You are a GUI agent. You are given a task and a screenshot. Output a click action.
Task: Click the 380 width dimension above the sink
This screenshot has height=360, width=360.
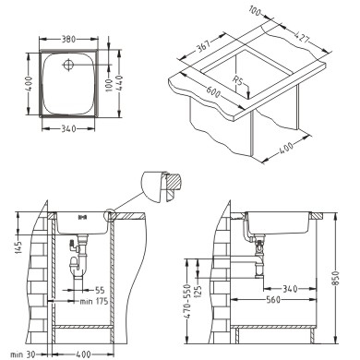click(x=68, y=40)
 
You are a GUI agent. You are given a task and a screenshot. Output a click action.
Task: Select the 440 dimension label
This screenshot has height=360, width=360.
click(x=120, y=82)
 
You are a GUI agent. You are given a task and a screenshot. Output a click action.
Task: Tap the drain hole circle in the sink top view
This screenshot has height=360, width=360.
click(x=68, y=65)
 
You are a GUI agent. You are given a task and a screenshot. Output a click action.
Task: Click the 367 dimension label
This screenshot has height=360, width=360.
click(x=203, y=46)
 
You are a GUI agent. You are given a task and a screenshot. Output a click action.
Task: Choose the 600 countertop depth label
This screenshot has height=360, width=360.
click(x=213, y=90)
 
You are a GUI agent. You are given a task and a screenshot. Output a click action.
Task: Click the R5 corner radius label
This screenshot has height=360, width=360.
click(x=237, y=81)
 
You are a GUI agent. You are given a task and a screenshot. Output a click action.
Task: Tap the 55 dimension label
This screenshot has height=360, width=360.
click(x=100, y=290)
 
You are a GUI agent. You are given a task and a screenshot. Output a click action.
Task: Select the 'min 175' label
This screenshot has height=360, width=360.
click(x=94, y=301)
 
